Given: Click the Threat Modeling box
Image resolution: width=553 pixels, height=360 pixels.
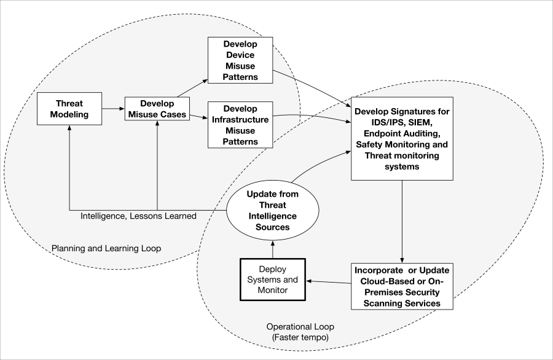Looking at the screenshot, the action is (x=69, y=109).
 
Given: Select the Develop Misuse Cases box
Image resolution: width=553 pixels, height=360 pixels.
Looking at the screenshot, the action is (x=157, y=109).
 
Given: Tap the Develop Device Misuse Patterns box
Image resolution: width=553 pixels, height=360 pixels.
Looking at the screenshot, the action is (x=240, y=60).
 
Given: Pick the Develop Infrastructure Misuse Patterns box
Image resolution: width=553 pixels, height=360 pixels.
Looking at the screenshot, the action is (x=240, y=125).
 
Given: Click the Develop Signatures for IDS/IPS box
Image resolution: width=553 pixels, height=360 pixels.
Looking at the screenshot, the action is (x=402, y=139).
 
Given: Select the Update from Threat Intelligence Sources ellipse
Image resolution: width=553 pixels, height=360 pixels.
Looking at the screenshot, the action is (x=273, y=211).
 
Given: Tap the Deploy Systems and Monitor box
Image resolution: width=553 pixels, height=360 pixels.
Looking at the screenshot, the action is (x=273, y=280).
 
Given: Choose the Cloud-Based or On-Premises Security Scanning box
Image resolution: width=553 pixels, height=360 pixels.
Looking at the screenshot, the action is (x=402, y=286).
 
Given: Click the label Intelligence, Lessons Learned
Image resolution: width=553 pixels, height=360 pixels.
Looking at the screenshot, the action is (x=138, y=216).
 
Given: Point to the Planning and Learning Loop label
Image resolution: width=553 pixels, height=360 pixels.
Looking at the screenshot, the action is (x=106, y=248).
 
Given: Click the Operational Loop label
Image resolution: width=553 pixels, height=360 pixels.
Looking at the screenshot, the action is (x=300, y=327).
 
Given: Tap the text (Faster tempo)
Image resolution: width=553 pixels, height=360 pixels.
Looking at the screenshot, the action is (x=300, y=337).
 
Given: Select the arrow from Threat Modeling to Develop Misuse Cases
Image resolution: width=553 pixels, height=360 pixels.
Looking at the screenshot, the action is (x=113, y=109).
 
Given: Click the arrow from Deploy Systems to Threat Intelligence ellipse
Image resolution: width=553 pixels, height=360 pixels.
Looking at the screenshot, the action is (x=273, y=249).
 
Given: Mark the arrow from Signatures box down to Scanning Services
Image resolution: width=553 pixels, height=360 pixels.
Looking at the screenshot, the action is (x=402, y=222).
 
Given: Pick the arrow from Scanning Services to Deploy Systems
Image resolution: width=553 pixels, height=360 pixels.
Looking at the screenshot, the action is (x=328, y=282).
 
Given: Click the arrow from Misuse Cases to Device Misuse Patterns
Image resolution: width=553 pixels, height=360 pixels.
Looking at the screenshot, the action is (x=192, y=88).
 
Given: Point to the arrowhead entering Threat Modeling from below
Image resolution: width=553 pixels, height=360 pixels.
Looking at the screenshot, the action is (x=69, y=127).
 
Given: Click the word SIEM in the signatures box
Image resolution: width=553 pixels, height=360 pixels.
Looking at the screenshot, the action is (x=420, y=122).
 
